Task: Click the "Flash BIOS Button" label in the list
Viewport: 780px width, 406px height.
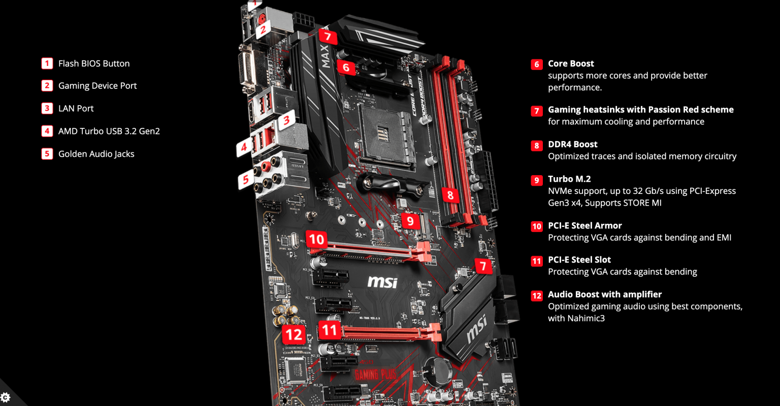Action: pos(94,63)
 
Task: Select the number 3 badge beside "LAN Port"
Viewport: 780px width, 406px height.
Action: pos(47,109)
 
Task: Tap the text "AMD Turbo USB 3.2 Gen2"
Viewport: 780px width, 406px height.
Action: pos(109,131)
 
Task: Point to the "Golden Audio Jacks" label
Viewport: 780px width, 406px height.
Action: pos(96,154)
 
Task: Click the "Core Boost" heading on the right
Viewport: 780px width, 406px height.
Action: pos(571,63)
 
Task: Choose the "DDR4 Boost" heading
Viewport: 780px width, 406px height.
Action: pos(572,145)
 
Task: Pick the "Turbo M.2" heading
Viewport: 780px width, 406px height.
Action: pos(569,179)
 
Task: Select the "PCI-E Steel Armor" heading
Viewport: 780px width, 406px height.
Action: pos(584,226)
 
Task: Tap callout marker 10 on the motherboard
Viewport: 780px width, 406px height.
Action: pos(316,239)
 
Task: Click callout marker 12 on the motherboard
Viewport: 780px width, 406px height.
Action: pos(294,334)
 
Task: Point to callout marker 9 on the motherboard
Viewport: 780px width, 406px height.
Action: pos(410,221)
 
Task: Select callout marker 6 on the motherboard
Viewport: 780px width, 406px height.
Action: pos(346,67)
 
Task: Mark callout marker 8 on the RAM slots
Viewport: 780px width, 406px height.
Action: pos(450,195)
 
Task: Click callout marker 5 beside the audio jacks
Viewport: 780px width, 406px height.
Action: pos(246,179)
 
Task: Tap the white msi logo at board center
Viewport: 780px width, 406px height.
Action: pos(382,281)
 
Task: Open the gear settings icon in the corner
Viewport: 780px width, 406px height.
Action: pos(6,397)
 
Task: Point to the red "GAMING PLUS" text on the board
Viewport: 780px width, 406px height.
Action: pos(374,375)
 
